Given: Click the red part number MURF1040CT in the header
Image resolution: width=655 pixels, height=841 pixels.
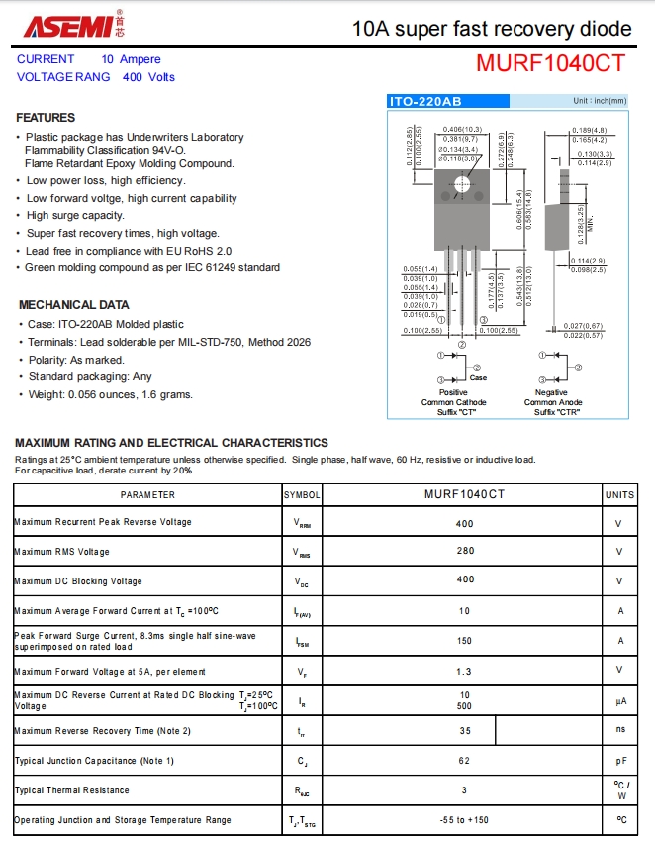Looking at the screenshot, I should (550, 63).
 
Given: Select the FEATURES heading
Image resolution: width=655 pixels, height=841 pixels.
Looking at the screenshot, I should (46, 117).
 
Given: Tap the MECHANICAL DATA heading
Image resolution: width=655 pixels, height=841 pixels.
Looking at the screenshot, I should (74, 304).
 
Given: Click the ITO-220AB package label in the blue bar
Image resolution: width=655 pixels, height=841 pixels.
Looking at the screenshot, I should (425, 101).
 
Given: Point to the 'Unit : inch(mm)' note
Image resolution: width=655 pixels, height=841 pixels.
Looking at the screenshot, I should (599, 101).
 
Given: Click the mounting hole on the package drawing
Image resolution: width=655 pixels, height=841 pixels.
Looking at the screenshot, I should (461, 185).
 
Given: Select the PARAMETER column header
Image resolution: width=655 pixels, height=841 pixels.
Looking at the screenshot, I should (147, 493).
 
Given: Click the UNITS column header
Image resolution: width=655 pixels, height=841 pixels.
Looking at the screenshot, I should (619, 493).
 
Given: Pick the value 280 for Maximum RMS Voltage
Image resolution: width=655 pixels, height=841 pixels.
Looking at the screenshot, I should (464, 552).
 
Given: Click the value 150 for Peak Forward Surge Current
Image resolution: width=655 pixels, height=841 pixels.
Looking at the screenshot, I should (464, 641).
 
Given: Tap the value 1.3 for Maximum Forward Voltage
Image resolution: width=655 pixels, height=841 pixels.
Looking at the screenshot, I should (464, 671).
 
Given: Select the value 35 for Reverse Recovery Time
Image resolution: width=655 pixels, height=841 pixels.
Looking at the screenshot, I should (464, 731).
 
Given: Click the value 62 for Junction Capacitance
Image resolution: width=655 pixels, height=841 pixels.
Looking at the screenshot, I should (464, 761).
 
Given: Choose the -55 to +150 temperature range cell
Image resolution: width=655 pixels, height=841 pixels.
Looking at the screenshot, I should (464, 820).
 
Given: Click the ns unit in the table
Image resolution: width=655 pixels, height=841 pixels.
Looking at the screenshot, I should (620, 731).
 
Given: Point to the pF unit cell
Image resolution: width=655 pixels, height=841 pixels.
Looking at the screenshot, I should (620, 761).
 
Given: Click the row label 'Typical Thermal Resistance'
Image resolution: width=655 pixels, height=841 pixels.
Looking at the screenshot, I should (72, 790).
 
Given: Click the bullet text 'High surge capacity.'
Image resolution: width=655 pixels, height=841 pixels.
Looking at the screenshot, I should (75, 215).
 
